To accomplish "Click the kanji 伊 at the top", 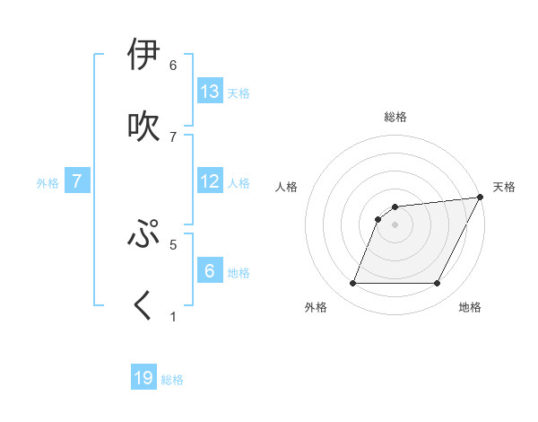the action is pos(143,55).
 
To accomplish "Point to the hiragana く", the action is pos(143,305).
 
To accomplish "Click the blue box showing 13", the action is pos(210,91).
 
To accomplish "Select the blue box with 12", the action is pos(210,181).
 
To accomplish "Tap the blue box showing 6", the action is pos(210,271).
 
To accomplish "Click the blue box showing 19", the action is pos(143,378).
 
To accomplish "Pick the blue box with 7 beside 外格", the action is pos(77,181).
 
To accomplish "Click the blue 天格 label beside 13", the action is pos(239,92).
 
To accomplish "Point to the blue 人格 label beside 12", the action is pos(239,183).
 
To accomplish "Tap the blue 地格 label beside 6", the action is pos(239,273).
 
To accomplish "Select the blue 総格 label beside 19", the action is pos(172,380).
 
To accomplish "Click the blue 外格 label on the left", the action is pos(48,183).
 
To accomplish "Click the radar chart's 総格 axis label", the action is pos(395,117).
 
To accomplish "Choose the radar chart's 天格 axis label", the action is pos(504,187).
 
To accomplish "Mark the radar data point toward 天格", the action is pos(481,197).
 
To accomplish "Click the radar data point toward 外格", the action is pos(352,284).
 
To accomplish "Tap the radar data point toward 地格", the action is pos(438,284).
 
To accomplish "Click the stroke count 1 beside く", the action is pos(173,317).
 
